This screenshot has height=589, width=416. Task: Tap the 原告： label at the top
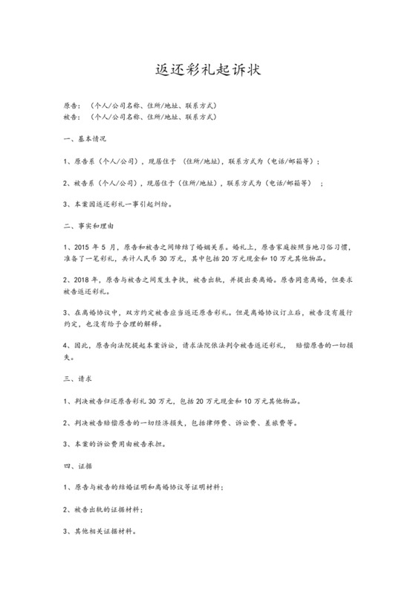(x=75, y=106)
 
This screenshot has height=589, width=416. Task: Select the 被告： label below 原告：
(x=75, y=117)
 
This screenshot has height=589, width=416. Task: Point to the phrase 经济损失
(x=204, y=422)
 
